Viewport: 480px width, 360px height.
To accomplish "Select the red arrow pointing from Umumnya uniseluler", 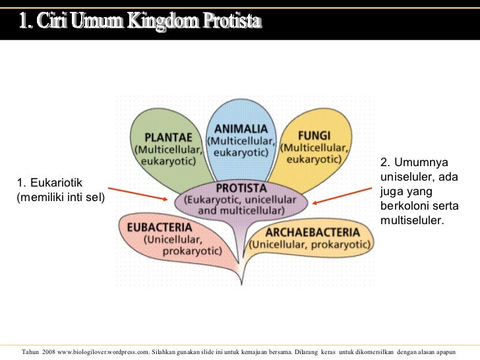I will point(343,196).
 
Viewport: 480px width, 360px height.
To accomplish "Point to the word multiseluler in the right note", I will point(412,220).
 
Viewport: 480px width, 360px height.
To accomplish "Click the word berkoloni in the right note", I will point(403,205).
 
